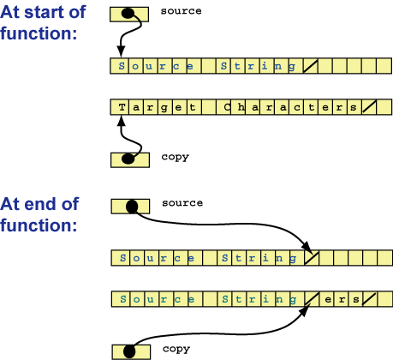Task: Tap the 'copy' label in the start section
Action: [x=175, y=157]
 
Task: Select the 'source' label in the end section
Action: [x=182, y=203]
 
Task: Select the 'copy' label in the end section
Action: [x=175, y=350]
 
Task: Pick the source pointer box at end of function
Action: [x=130, y=206]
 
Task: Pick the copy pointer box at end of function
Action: [x=130, y=351]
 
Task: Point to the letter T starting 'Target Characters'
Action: [x=122, y=107]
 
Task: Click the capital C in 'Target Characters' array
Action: [x=229, y=107]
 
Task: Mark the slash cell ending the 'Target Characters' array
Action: [x=370, y=107]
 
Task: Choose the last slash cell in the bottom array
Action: [x=370, y=299]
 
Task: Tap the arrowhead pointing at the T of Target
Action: [x=122, y=119]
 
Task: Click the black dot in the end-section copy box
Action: [x=128, y=351]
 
